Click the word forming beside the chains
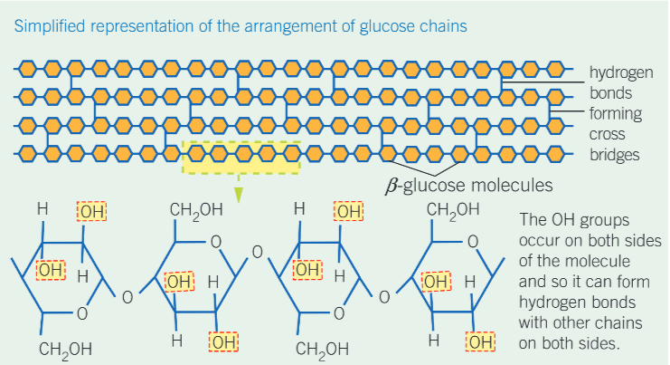[615, 113]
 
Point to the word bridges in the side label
[615, 154]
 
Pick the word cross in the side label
[608, 134]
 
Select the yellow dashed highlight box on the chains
[241, 158]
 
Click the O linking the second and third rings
[256, 251]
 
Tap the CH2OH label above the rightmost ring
[453, 212]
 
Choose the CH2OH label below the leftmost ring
[63, 348]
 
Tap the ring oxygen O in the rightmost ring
[471, 242]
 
